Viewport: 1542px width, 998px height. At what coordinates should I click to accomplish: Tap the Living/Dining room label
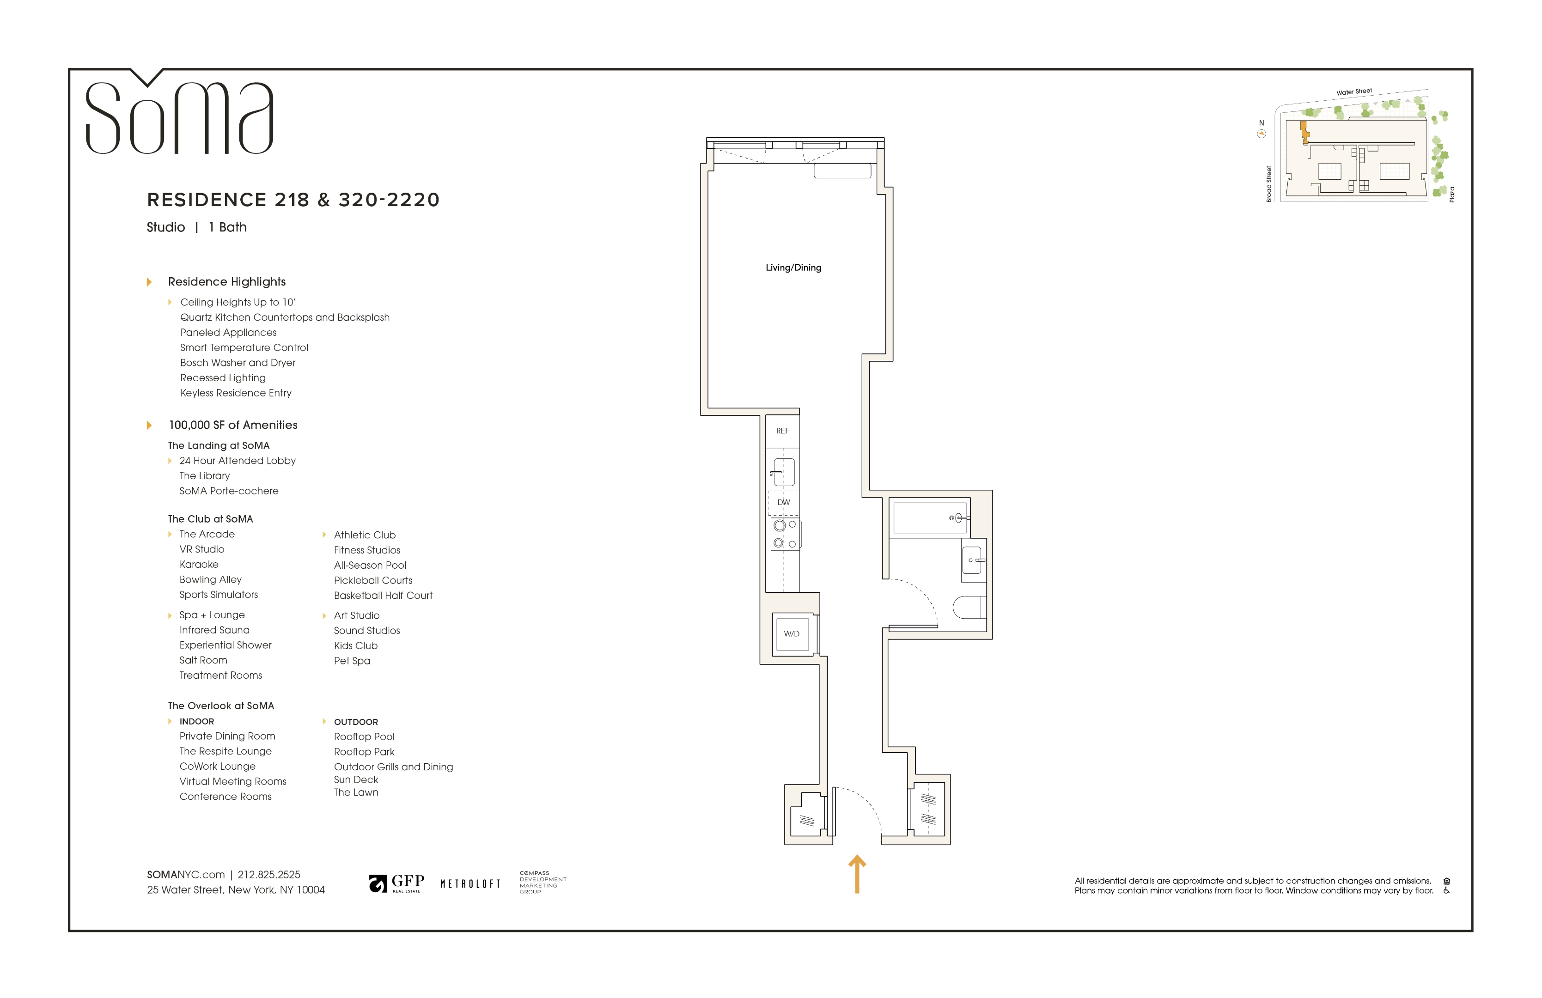(793, 268)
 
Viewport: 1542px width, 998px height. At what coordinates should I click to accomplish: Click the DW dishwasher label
(783, 502)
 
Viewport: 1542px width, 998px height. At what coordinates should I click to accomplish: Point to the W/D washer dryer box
(791, 633)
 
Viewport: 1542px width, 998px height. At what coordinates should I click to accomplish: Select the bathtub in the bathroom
(930, 517)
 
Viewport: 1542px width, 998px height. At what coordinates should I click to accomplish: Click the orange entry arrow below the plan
(857, 874)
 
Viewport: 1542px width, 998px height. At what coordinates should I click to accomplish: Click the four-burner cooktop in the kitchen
(785, 534)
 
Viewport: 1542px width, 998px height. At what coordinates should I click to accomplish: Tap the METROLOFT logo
(470, 884)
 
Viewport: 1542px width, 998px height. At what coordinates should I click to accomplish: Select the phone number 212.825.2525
(269, 874)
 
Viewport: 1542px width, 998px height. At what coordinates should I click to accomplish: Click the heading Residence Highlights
(227, 282)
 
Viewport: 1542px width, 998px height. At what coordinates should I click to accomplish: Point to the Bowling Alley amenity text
(211, 580)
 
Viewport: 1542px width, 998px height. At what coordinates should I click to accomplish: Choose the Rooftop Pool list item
(364, 736)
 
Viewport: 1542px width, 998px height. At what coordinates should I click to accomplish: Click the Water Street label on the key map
(1354, 92)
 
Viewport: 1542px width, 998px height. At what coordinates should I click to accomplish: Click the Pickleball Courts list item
(373, 580)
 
